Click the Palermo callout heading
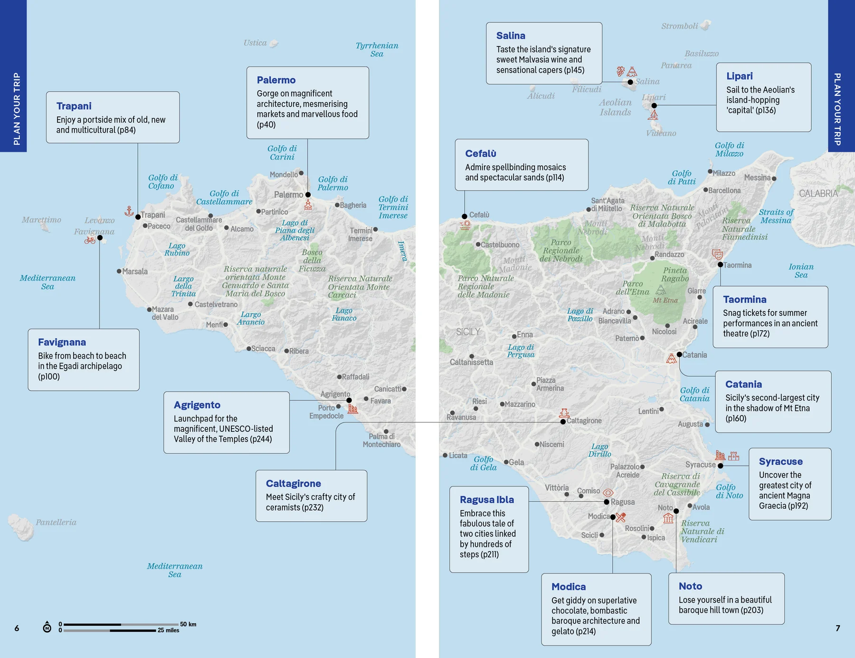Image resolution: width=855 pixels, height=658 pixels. pos(276,80)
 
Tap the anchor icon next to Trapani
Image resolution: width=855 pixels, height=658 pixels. pos(129,211)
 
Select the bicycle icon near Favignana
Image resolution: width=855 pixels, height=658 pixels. pos(90,240)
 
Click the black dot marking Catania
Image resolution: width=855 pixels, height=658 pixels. pos(679,354)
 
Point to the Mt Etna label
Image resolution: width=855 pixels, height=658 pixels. pos(665,300)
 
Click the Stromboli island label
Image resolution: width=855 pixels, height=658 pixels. pos(679,26)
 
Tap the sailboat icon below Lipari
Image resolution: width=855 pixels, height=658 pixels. pos(654,115)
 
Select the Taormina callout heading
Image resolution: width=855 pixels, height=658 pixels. pos(744,299)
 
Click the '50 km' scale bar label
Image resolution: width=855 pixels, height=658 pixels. pos(188,624)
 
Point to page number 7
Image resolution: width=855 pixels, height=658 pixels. pos(838,628)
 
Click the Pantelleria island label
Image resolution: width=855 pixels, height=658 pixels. pos(56,522)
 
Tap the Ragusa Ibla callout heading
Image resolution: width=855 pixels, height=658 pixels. pos(486,499)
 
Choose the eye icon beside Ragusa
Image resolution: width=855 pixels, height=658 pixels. pos(608,493)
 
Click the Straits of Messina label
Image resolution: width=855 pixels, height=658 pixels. pos(776,216)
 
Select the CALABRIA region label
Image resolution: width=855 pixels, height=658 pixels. pos(818,193)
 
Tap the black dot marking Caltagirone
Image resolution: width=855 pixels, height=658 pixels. pos(563,421)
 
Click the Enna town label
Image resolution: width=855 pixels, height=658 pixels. pos(524,334)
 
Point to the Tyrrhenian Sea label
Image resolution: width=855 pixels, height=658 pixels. pos(377,49)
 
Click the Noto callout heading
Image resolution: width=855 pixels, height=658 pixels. pos(690,586)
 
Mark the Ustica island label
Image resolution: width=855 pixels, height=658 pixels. pos(255,43)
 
